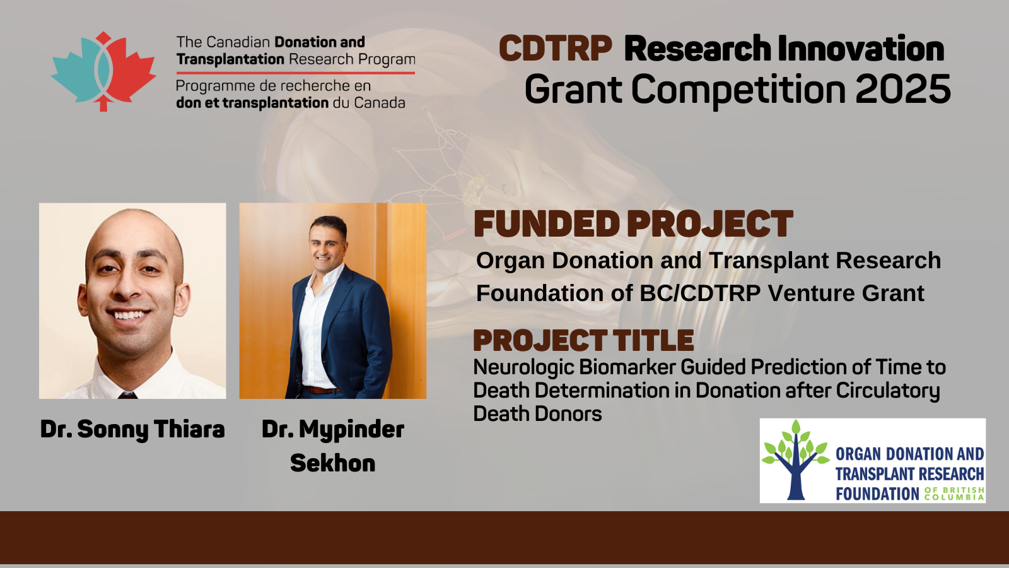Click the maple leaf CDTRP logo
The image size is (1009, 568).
(x=103, y=71)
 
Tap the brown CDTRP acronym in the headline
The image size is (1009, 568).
(x=556, y=48)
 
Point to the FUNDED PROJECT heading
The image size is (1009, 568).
(x=633, y=223)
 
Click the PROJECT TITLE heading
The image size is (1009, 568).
(x=583, y=340)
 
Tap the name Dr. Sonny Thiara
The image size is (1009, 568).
(x=132, y=429)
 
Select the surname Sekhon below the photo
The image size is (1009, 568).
(x=333, y=463)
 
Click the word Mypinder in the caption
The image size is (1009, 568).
(x=351, y=430)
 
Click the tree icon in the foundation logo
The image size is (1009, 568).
(x=795, y=460)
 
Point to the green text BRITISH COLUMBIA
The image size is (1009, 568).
(x=954, y=494)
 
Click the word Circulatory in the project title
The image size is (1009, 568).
(x=888, y=391)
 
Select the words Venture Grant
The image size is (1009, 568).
(x=846, y=293)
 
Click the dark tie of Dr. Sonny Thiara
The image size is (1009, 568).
(x=127, y=395)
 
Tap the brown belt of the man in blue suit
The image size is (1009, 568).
(x=321, y=389)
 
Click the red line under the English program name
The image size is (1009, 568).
(x=296, y=73)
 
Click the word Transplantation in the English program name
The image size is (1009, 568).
(x=230, y=59)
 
